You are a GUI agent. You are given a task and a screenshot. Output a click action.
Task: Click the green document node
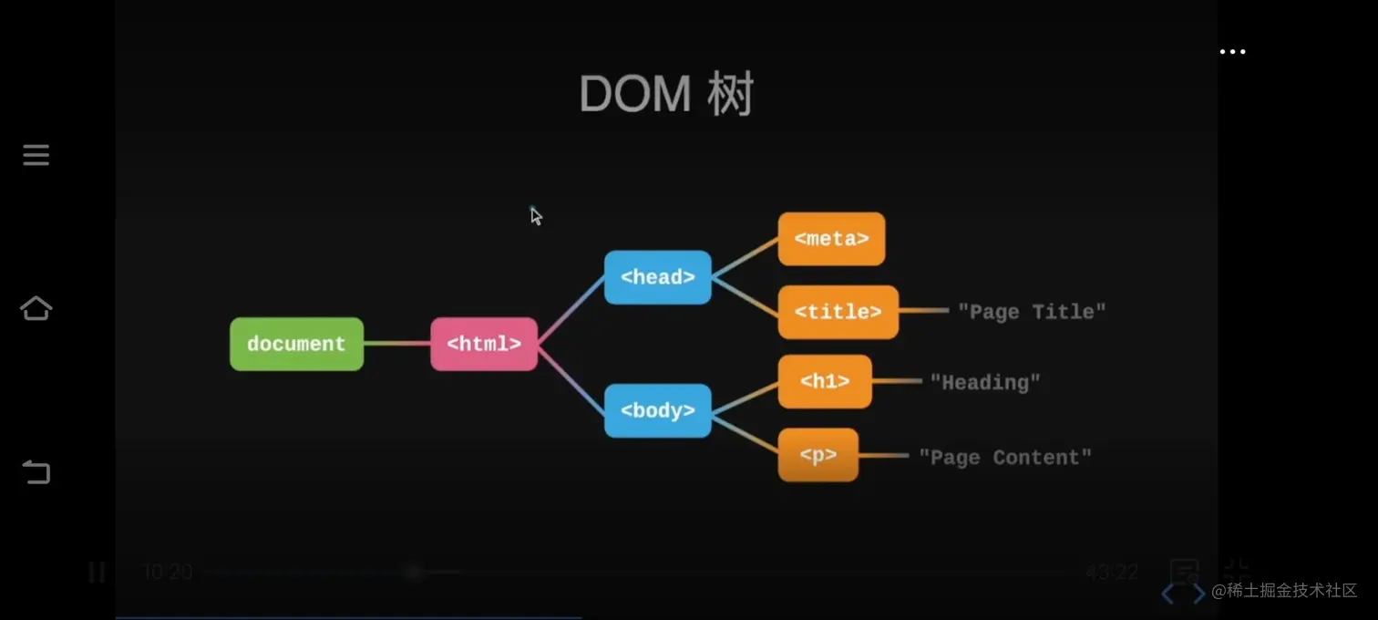(x=296, y=344)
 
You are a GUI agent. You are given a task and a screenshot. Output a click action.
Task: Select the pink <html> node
(x=484, y=344)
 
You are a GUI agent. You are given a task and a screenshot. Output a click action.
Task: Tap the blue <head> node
(x=657, y=277)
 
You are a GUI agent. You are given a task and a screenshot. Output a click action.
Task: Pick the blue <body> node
(x=657, y=410)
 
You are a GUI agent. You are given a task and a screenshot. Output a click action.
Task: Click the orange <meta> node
(x=831, y=239)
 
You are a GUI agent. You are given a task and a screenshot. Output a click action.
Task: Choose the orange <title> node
(x=838, y=312)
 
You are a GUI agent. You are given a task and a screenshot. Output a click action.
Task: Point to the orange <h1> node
(x=825, y=382)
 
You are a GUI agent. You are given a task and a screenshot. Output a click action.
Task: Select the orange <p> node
(x=818, y=455)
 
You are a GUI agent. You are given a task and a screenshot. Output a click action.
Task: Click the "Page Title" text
(x=1032, y=312)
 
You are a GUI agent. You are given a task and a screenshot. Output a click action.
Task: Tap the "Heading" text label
(x=984, y=382)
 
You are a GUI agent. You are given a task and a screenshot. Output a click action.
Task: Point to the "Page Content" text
(x=1004, y=457)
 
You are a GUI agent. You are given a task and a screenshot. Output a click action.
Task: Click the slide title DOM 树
(x=666, y=94)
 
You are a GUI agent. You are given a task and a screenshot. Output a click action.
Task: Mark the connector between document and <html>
(x=396, y=344)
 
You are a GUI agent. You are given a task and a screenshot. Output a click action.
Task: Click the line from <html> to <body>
(x=571, y=377)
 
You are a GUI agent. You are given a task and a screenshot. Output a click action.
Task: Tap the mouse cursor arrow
(x=536, y=215)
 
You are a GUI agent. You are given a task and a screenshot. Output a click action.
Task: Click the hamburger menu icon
(x=36, y=155)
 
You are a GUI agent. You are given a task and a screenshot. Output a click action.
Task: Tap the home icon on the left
(x=36, y=309)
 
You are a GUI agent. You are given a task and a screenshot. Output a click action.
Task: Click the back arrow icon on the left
(x=36, y=472)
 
